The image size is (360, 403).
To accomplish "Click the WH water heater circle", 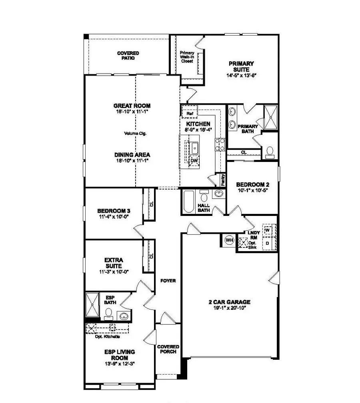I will click(229, 240).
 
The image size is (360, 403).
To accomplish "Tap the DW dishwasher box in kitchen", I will click(194, 161).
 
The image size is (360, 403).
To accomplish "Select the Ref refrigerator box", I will click(190, 114).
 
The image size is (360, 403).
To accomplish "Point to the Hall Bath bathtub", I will click(188, 202).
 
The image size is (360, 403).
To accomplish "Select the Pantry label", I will click(223, 180).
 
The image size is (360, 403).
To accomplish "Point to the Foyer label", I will click(168, 281).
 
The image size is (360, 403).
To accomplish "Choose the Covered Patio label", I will click(128, 55).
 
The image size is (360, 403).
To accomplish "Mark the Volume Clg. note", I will click(136, 134).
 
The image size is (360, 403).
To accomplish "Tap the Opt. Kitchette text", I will click(107, 336).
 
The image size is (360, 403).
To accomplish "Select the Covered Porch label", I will click(168, 349).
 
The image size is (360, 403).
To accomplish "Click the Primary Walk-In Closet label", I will click(187, 57).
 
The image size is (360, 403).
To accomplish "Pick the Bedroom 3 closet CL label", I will click(151, 203).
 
